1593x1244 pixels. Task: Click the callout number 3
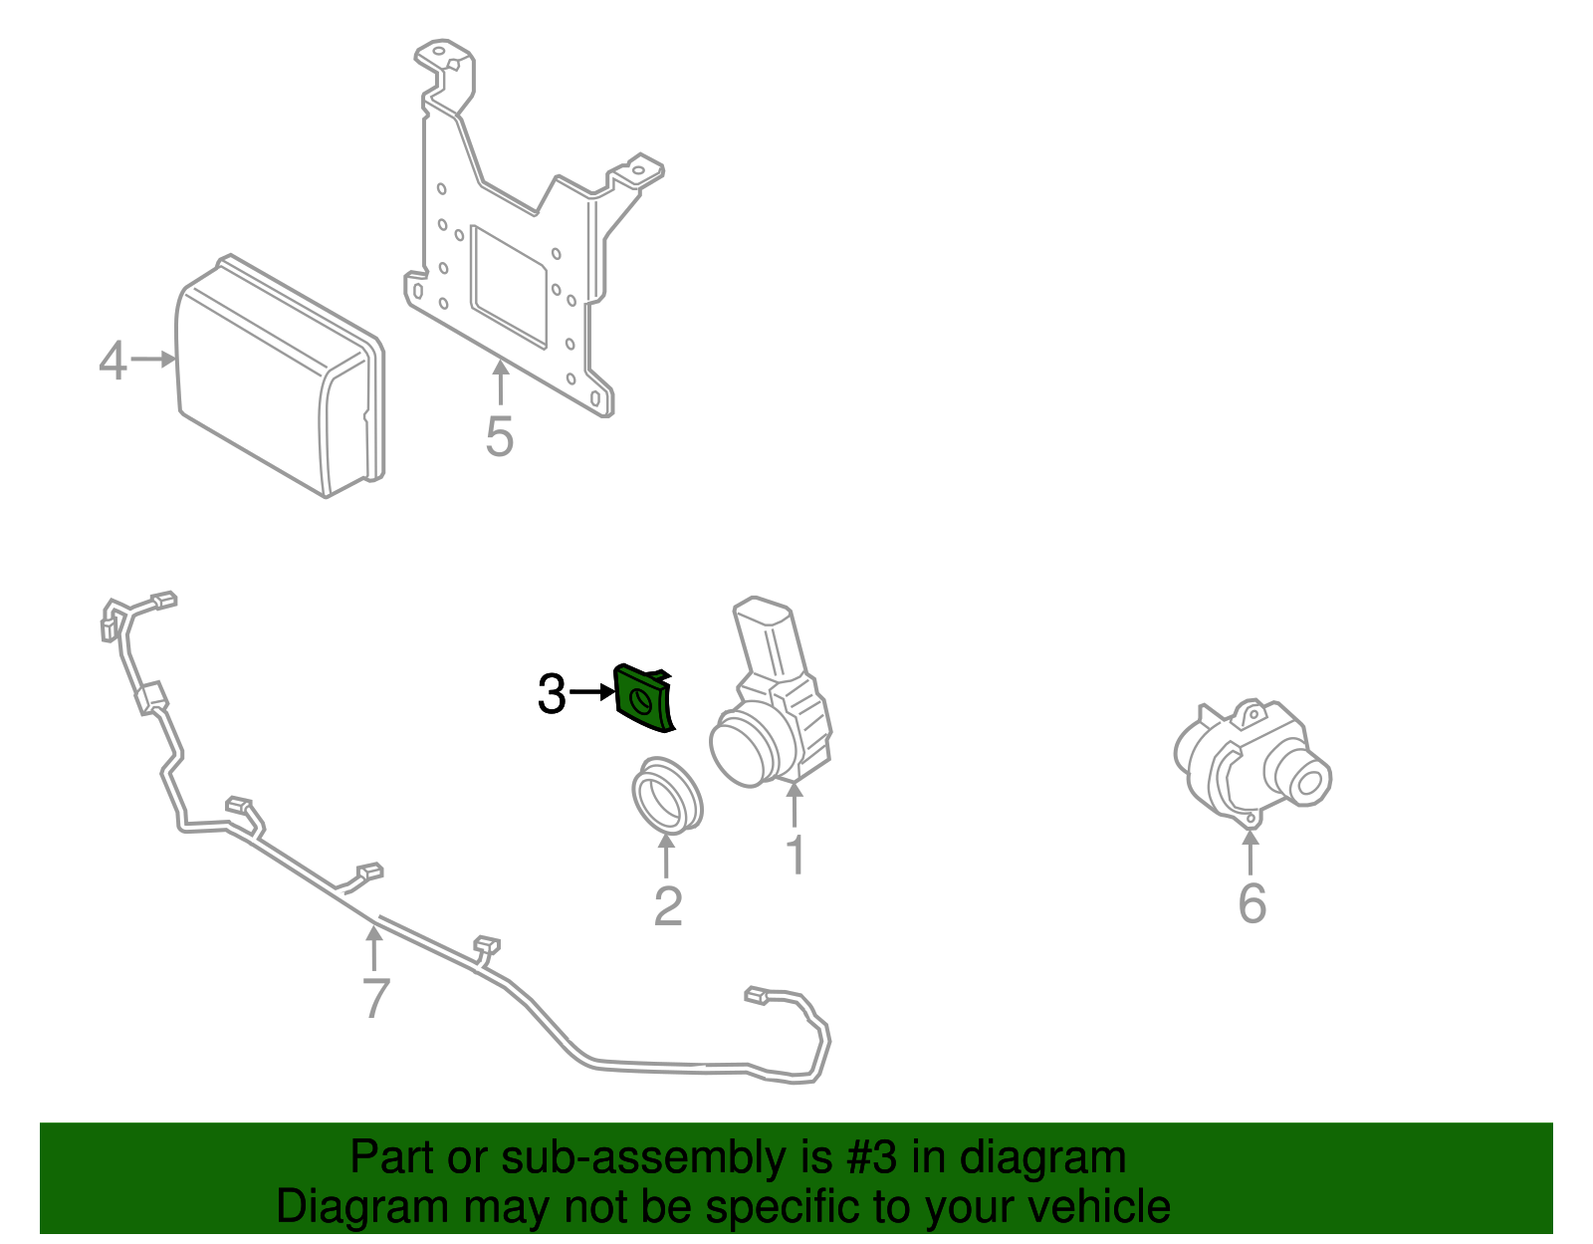tap(551, 694)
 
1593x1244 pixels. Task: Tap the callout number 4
tap(113, 361)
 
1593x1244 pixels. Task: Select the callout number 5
tap(499, 436)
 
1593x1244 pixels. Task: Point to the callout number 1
tap(796, 856)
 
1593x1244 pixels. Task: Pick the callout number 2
tap(667, 905)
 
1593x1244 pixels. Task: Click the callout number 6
tap(1252, 903)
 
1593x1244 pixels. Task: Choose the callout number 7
tap(374, 998)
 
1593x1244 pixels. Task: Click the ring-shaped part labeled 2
tap(666, 795)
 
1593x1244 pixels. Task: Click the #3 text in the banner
tap(871, 1158)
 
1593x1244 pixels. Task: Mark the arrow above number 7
tap(373, 947)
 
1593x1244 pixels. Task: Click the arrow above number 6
tap(1251, 853)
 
